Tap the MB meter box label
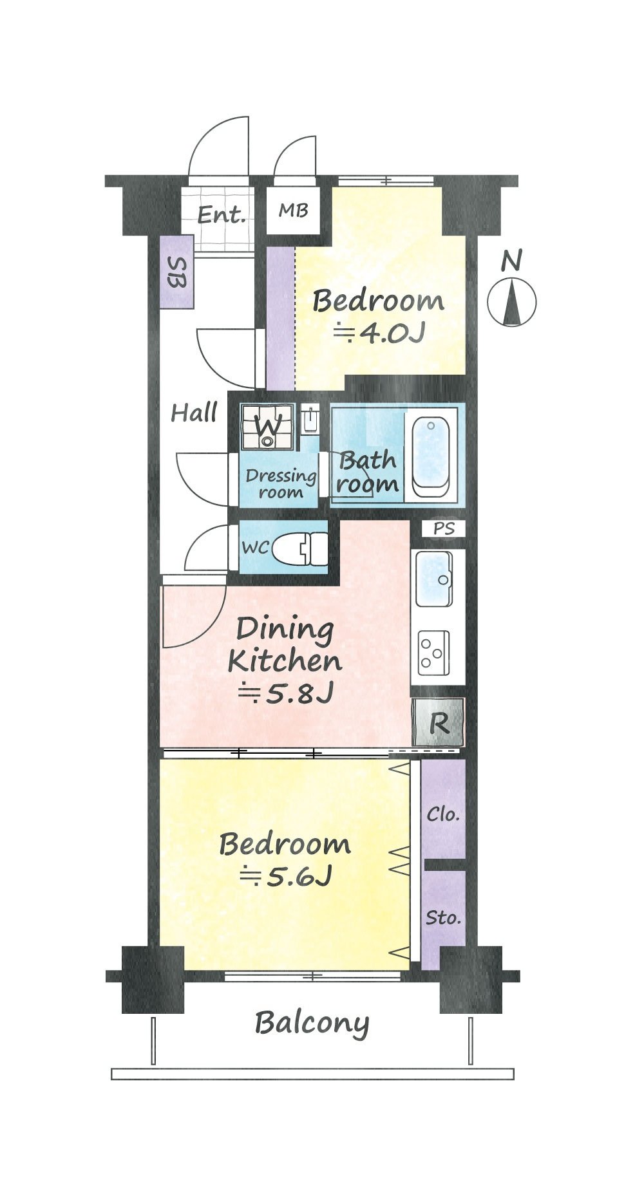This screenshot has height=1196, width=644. point(293,210)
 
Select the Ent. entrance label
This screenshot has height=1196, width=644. point(222,214)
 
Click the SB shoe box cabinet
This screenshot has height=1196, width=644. point(176,272)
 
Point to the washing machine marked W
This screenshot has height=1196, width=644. point(267,426)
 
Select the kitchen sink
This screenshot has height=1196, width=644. point(433,578)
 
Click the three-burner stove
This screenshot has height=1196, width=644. point(433,652)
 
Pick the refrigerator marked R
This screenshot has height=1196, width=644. point(438,723)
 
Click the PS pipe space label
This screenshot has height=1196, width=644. point(444,528)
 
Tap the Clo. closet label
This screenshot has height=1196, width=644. point(443,814)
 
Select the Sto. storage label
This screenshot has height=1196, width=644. point(443,917)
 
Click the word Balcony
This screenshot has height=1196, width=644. point(312,1023)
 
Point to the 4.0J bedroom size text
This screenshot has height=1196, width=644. point(379,333)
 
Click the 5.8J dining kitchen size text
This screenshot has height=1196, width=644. point(286,693)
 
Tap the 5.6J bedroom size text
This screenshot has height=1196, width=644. point(285,876)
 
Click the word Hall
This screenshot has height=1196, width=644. point(194,412)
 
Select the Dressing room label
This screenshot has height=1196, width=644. point(281,484)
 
